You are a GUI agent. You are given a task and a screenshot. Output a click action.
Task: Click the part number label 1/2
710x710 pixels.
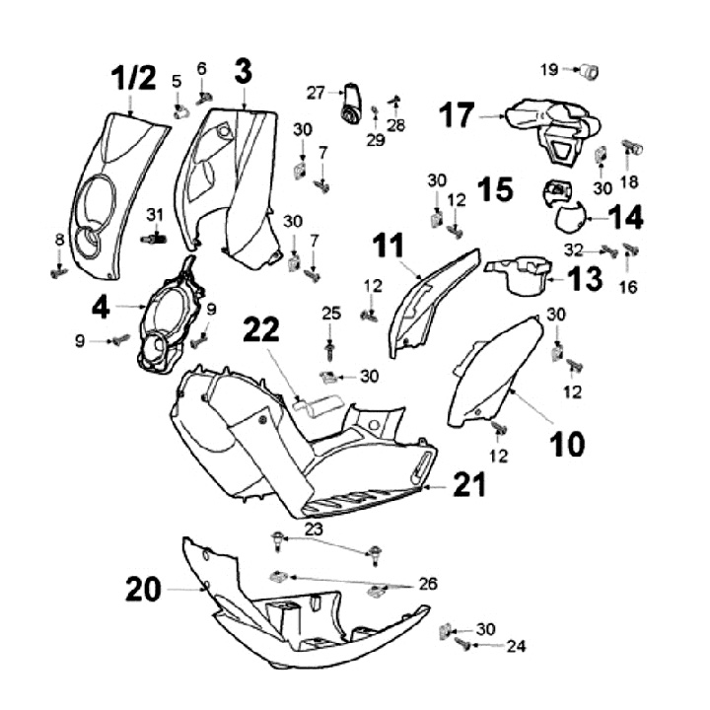(133, 77)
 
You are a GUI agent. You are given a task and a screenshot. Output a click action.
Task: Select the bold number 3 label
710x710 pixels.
(243, 70)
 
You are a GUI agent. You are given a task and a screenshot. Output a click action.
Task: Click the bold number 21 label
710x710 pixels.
(469, 484)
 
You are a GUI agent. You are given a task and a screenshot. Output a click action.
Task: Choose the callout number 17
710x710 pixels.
(457, 115)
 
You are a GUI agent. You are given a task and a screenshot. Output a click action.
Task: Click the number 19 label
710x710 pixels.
(549, 69)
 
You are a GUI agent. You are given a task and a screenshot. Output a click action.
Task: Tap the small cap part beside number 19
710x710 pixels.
(589, 70)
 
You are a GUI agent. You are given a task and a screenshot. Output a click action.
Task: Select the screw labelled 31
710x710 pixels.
(151, 238)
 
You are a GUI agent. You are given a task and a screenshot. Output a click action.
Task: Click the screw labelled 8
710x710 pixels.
(59, 271)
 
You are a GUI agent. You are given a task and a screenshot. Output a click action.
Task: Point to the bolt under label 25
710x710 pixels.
(330, 349)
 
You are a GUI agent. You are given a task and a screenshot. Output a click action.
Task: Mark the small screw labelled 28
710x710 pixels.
(394, 100)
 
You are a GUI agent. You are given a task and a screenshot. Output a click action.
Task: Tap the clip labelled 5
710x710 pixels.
(178, 110)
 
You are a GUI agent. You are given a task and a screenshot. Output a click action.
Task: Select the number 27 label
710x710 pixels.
(315, 93)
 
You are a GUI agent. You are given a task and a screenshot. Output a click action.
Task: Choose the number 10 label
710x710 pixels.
(567, 445)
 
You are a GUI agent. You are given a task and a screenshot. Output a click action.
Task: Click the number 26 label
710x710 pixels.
(426, 584)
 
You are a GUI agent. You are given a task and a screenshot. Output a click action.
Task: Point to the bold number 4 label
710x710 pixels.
(101, 308)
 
